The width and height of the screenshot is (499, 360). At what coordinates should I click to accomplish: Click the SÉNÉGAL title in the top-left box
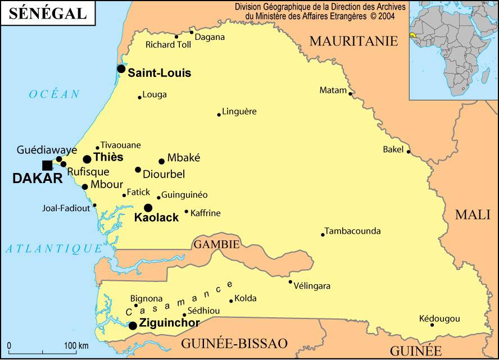pos(48,13)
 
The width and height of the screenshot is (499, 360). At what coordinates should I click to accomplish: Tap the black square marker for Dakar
pos(47,165)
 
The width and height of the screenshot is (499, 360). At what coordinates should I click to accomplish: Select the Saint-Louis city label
pos(160,73)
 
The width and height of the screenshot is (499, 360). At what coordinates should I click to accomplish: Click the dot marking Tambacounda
pos(323,235)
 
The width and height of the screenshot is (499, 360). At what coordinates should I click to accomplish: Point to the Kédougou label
pos(439,319)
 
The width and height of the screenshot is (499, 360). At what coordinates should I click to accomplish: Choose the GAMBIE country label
pos(217,244)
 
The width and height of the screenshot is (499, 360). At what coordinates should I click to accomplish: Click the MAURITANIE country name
pos(353,41)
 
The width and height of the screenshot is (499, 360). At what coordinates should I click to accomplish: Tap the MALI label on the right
pos(473,214)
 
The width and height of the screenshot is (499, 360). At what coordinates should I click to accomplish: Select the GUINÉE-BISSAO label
pos(234,344)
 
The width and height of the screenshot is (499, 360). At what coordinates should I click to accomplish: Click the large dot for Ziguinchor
pos(133,326)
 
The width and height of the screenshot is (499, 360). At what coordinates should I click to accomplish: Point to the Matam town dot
pos(350,94)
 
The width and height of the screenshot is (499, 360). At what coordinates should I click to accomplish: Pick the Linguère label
pos(239,111)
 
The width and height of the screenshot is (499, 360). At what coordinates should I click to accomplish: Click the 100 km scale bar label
pos(76,345)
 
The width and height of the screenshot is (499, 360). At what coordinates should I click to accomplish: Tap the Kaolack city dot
pos(148,208)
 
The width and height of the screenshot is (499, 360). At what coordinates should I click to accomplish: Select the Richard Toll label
pos(168,44)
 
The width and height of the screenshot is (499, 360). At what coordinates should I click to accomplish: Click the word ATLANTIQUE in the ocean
pos(54,248)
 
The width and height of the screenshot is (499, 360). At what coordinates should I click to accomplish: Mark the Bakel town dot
pos(409,152)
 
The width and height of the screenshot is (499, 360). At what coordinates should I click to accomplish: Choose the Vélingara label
pos(312,286)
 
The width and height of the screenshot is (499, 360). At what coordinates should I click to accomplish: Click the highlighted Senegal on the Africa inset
pos(413,35)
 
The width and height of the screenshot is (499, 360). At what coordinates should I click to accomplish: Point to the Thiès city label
pos(108,157)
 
